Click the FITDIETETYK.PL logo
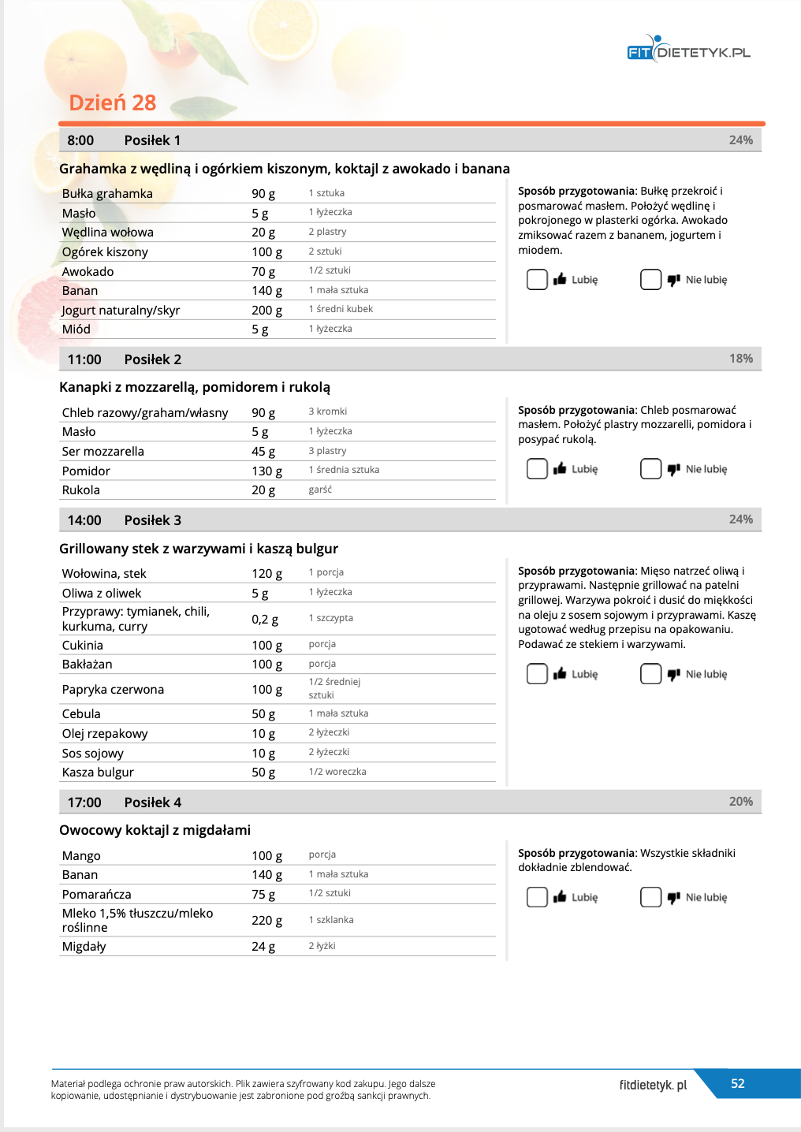click(688, 51)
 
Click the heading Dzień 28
click(113, 103)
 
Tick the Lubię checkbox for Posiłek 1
click(537, 280)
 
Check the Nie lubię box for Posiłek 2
click(650, 469)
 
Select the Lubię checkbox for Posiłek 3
click(537, 674)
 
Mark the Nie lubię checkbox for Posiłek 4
click(650, 897)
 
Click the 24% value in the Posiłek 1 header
click(740, 140)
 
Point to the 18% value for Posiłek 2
click(740, 359)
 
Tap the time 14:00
click(84, 520)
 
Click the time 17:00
click(84, 802)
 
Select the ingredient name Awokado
click(88, 272)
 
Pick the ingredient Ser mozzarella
click(103, 452)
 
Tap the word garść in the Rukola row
click(320, 490)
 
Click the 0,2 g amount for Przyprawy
click(265, 620)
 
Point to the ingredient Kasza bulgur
click(98, 773)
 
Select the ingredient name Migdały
click(84, 947)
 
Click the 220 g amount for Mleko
click(266, 921)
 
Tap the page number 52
click(738, 1084)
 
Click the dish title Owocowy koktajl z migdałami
click(155, 830)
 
